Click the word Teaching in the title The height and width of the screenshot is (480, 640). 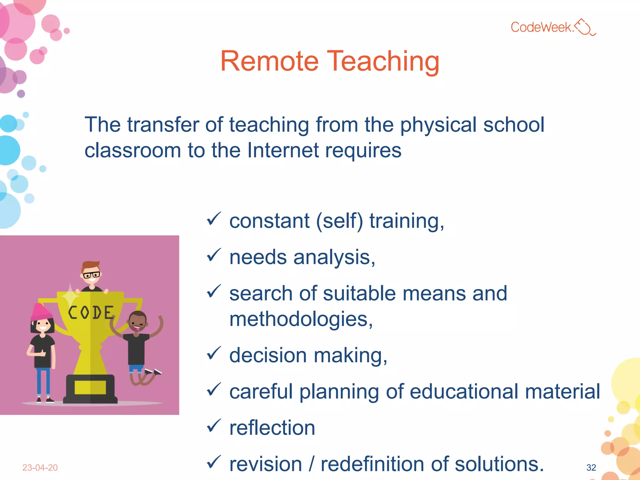(383, 62)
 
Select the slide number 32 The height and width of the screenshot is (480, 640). (591, 467)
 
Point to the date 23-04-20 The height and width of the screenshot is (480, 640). (40, 467)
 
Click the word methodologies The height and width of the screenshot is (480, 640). (301, 319)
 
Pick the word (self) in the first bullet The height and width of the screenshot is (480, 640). (339, 221)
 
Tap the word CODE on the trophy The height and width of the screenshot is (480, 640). (91, 312)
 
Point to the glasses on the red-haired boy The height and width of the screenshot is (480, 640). (91, 275)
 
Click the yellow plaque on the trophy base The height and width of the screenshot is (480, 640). (90, 387)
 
